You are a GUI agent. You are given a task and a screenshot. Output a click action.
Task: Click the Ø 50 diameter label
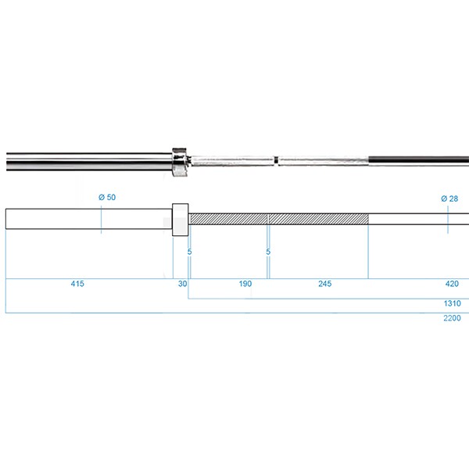[x=107, y=198]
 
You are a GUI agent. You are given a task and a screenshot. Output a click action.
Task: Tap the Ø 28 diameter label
[x=449, y=199]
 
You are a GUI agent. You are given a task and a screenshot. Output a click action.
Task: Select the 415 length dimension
[x=77, y=284]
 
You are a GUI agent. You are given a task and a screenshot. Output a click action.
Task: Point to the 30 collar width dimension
[x=182, y=284]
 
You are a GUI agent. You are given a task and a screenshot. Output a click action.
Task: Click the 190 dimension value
[x=245, y=284]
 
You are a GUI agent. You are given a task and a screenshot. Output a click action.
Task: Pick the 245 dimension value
[x=325, y=284]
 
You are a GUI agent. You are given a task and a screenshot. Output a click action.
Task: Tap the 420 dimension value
[x=452, y=284]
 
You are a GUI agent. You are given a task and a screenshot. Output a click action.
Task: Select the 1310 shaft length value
[x=453, y=303]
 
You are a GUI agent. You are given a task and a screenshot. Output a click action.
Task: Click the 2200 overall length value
[x=453, y=318]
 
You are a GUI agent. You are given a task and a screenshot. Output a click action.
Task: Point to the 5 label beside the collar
[x=189, y=252]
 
